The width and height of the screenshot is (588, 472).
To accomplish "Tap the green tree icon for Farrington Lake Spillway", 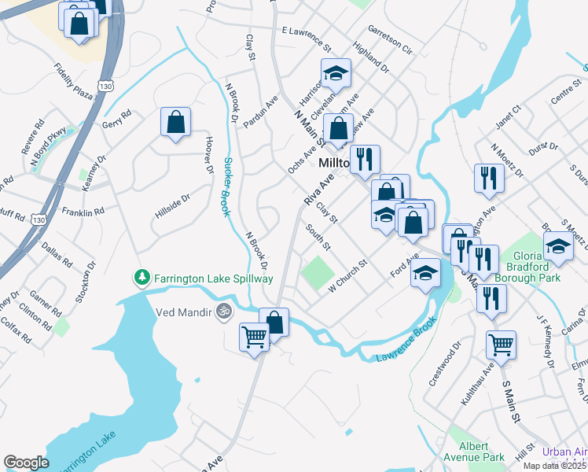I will point(141,278).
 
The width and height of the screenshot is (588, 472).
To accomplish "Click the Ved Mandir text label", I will point(184,312).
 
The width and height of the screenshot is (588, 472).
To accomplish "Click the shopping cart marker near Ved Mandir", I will point(255,338).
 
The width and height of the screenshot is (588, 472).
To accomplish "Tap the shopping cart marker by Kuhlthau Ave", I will point(501,344).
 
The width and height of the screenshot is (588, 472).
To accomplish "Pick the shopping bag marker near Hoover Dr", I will point(176,122).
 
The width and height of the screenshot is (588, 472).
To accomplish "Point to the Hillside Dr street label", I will point(173,208).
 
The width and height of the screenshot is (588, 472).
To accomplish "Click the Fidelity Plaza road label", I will point(74,81).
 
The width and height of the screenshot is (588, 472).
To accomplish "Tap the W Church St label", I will point(348,275).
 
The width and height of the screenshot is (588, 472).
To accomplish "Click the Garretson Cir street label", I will point(390,42).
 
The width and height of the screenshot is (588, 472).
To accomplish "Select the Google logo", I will point(26,463).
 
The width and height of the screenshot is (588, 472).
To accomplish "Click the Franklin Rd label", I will point(83,212).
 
